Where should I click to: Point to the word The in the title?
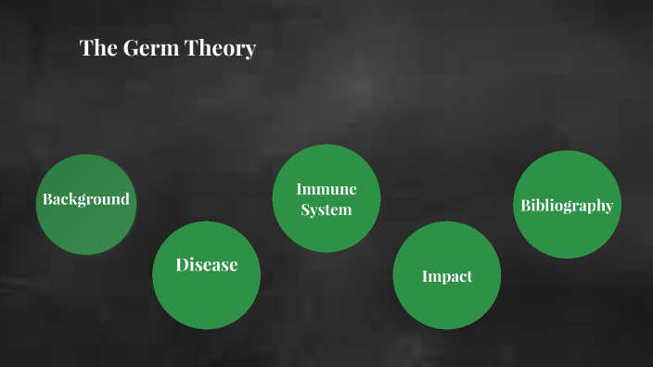[x=96, y=49]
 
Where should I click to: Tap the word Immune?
[x=326, y=189]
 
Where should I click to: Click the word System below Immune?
[x=326, y=209]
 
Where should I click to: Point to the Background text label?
[x=85, y=199]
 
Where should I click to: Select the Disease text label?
[x=206, y=265]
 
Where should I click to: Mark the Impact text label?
[x=447, y=276]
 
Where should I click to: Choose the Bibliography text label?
[x=566, y=206]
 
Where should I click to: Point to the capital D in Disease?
[x=182, y=265]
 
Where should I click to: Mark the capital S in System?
[x=304, y=209]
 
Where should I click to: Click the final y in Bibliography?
[x=608, y=208]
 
